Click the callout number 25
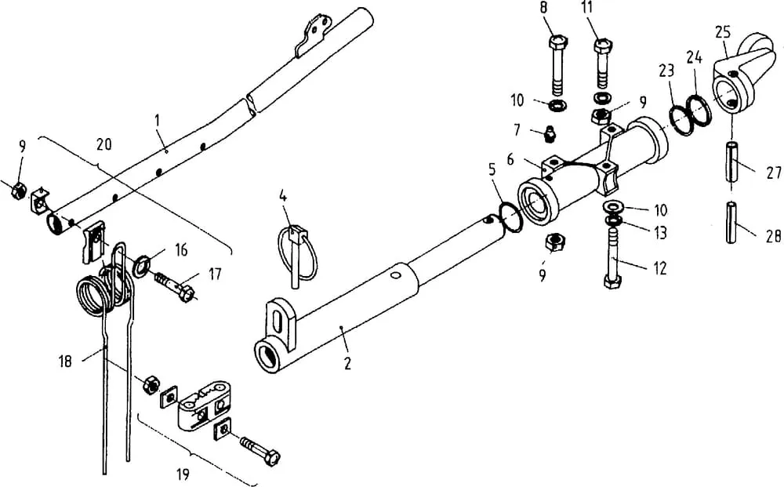pyautogui.click(x=723, y=32)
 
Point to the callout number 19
pyautogui.click(x=183, y=474)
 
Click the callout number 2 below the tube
pyautogui.click(x=347, y=364)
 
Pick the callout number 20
pyautogui.click(x=104, y=144)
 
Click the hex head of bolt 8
pyautogui.click(x=557, y=42)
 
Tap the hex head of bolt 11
pyautogui.click(x=602, y=47)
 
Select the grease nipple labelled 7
pyautogui.click(x=550, y=135)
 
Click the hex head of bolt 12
pyautogui.click(x=612, y=281)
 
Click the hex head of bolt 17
pyautogui.click(x=186, y=293)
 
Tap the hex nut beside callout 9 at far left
pyautogui.click(x=19, y=191)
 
